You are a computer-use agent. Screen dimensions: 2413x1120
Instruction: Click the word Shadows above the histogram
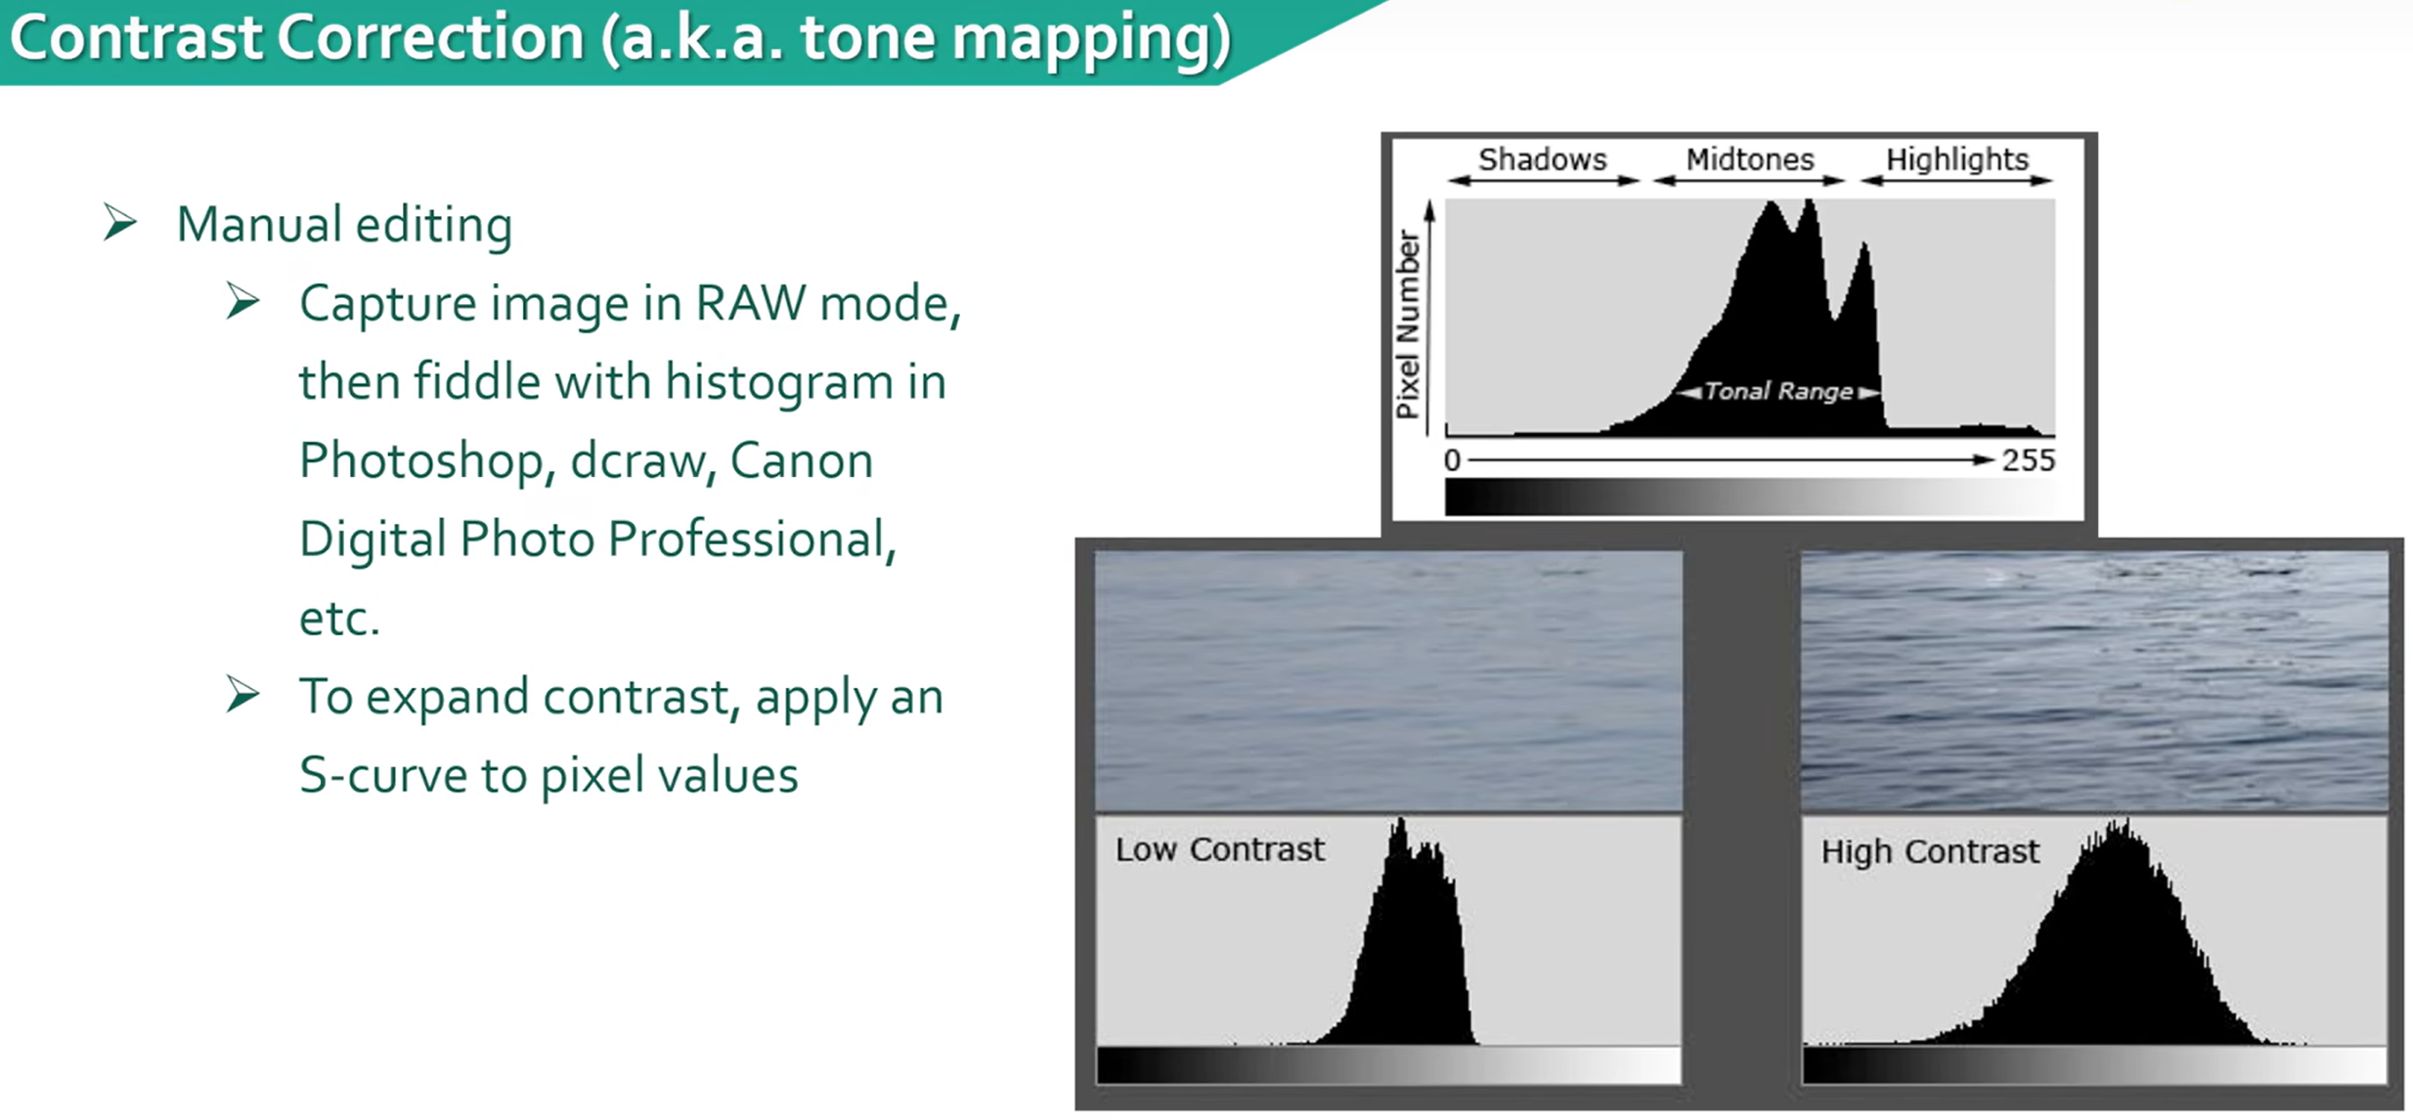coord(1542,158)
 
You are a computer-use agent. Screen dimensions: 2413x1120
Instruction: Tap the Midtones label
coord(1749,158)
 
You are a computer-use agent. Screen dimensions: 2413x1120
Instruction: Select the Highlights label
coord(1956,159)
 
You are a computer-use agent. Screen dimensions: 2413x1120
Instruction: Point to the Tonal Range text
coord(1778,391)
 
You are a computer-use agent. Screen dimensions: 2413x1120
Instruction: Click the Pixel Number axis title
coord(1407,324)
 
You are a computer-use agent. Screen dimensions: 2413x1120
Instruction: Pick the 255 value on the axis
coord(2028,460)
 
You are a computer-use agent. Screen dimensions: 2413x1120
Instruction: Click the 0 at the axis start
coord(1452,460)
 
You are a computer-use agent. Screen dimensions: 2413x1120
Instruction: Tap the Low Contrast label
coord(1219,849)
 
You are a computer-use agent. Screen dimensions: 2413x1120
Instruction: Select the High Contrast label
coord(1930,851)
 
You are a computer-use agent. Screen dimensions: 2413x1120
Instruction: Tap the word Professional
coord(752,538)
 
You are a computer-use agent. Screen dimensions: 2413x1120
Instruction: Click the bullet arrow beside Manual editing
coord(120,223)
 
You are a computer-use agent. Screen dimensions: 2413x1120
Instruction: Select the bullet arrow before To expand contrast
coord(242,695)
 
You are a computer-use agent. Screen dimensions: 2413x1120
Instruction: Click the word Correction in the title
coord(430,38)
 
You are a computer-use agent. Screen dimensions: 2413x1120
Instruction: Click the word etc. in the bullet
coord(338,619)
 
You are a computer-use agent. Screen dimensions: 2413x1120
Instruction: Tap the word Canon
coord(802,460)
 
